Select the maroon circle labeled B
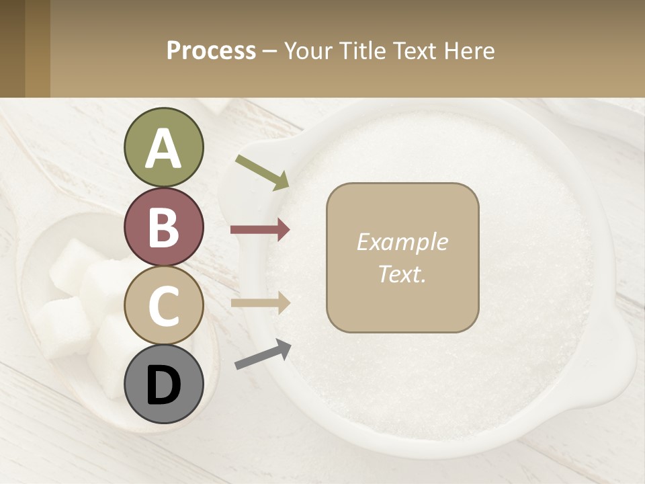tap(163, 227)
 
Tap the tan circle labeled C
tap(163, 306)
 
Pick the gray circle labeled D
tap(163, 384)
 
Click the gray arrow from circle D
tap(263, 354)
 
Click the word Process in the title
tap(211, 51)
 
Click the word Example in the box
tap(402, 242)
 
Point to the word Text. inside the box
tap(402, 274)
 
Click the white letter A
tap(163, 149)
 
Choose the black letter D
tap(163, 385)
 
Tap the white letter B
tap(163, 227)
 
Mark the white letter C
tap(163, 306)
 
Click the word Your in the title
tap(303, 51)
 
